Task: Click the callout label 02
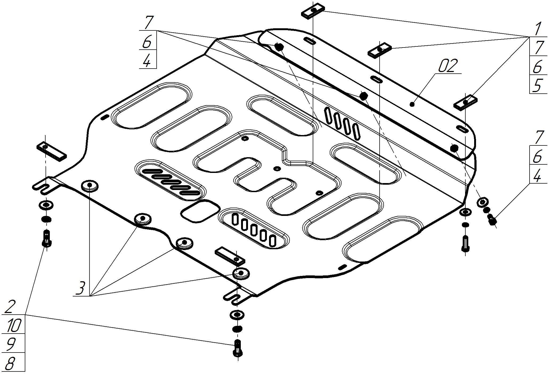pyautogui.click(x=448, y=66)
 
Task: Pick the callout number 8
pyautogui.click(x=10, y=363)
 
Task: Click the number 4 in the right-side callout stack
pyautogui.click(x=538, y=175)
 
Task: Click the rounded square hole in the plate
pyautogui.click(x=200, y=211)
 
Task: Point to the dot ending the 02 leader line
pyautogui.click(x=412, y=104)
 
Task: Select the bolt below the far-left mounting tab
pyautogui.click(x=47, y=238)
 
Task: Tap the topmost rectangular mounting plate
pyautogui.click(x=313, y=11)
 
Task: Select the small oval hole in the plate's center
pyautogui.click(x=277, y=168)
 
